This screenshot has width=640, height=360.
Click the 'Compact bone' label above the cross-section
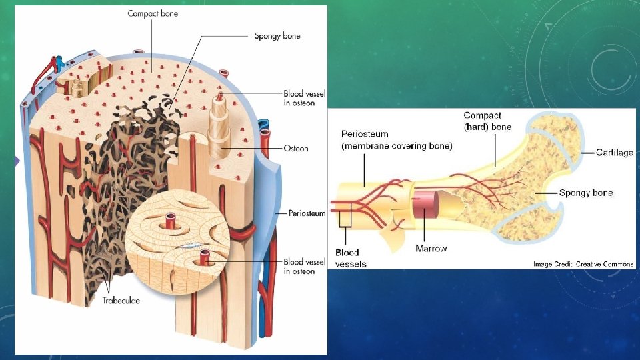point(153,13)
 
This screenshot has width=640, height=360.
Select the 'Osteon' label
point(296,148)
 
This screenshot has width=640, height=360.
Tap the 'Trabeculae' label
point(122,301)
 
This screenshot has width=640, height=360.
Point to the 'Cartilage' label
point(614,153)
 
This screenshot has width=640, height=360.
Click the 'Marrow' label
point(431,249)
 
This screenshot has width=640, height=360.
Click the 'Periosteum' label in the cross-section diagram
point(306,213)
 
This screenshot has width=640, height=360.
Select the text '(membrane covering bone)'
point(396,146)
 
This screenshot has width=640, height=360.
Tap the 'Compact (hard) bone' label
point(487,121)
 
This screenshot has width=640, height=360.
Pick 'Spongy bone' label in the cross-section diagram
point(277,36)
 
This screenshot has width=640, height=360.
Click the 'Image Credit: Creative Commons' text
point(583,264)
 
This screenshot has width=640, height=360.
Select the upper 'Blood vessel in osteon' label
point(299,98)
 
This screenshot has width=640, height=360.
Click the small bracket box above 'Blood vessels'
point(345,218)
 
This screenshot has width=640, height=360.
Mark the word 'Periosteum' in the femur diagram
point(365,134)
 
